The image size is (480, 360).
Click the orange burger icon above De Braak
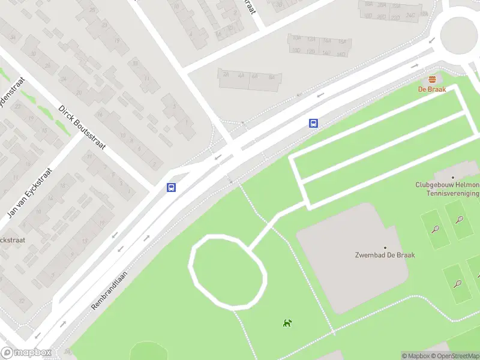pyautogui.click(x=432, y=80)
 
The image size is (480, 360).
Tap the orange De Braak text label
pyautogui.click(x=432, y=89)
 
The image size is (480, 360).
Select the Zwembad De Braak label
pyautogui.click(x=385, y=255)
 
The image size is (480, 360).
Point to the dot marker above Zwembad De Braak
pyautogui.click(x=385, y=247)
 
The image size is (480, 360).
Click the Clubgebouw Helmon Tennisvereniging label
pyautogui.click(x=448, y=189)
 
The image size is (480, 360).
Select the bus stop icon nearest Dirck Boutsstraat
pyautogui.click(x=172, y=187)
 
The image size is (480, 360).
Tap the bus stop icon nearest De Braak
pyautogui.click(x=313, y=123)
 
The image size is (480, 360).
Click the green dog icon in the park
pyautogui.click(x=287, y=323)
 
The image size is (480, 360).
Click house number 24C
pyautogui.click(x=410, y=15)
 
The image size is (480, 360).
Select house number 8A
pyautogui.click(x=272, y=76)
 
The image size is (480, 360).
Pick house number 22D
pyautogui.click(x=395, y=17)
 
